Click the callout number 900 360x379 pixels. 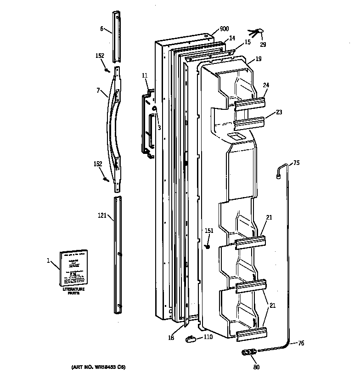[224, 29]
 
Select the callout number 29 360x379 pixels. [263, 45]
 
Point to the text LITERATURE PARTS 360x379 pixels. [74, 291]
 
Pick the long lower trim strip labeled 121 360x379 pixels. [117, 255]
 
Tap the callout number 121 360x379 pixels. [102, 215]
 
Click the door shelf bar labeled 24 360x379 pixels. [251, 104]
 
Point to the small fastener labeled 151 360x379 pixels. [207, 247]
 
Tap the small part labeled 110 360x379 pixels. [190, 339]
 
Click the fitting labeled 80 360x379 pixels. [248, 353]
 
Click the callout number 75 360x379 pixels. [296, 162]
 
